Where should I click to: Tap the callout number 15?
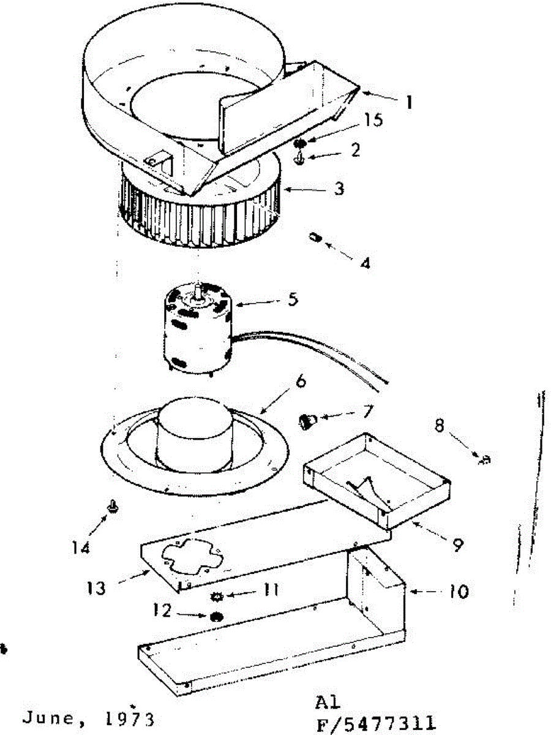pyautogui.click(x=372, y=121)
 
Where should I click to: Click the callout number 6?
pyautogui.click(x=299, y=385)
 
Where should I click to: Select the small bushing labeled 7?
pyautogui.click(x=308, y=421)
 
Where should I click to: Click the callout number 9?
pyautogui.click(x=457, y=543)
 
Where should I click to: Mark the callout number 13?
pyautogui.click(x=96, y=589)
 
